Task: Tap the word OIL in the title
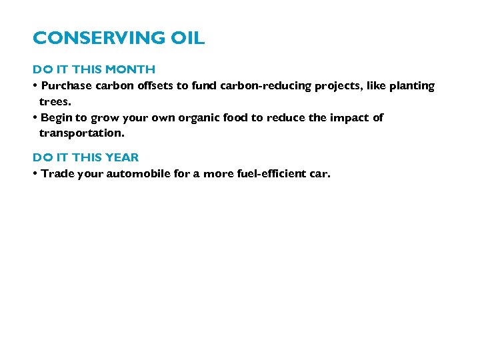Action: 188,39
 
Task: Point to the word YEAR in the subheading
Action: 122,157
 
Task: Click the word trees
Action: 55,102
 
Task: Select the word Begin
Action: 55,118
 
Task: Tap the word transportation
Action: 81,133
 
